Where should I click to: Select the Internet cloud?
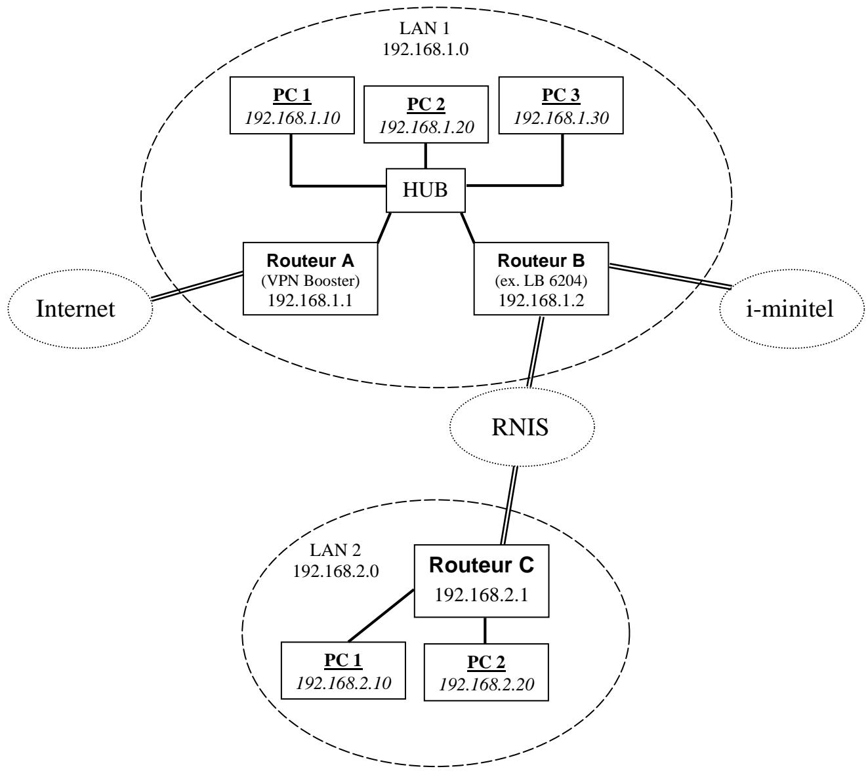click(75, 308)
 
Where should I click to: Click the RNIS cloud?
click(522, 429)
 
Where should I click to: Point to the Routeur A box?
click(310, 279)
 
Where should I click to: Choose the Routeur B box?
click(541, 279)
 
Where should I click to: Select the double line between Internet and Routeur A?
click(197, 287)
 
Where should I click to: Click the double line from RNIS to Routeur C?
click(508, 505)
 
